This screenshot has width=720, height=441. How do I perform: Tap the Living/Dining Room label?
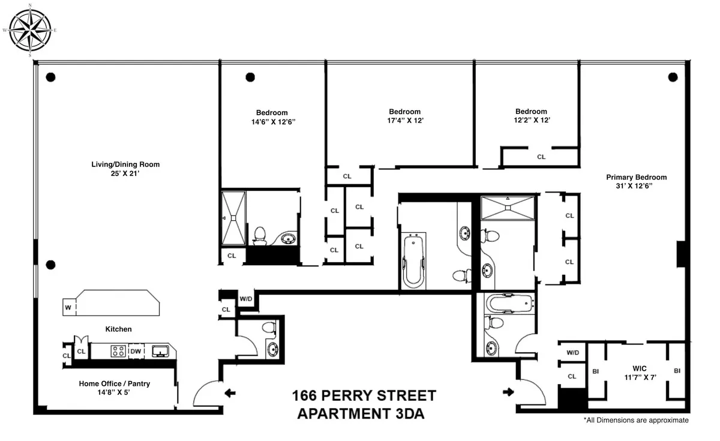[125, 164]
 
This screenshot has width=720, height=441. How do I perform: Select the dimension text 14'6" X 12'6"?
[272, 121]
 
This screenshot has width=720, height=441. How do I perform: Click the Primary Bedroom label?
[636, 177]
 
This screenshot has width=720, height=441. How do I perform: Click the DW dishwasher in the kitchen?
[136, 352]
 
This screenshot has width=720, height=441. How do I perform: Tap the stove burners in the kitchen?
[118, 352]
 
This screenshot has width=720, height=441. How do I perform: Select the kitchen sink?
[160, 352]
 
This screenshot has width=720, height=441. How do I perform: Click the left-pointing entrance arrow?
[230, 394]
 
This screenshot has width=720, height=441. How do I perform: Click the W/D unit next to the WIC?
[572, 353]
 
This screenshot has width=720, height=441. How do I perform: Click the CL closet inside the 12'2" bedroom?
[541, 157]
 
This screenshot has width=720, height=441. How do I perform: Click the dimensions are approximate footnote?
[636, 421]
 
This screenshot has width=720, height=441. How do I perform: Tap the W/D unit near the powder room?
[246, 298]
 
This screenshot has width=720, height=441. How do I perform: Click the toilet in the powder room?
[270, 327]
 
